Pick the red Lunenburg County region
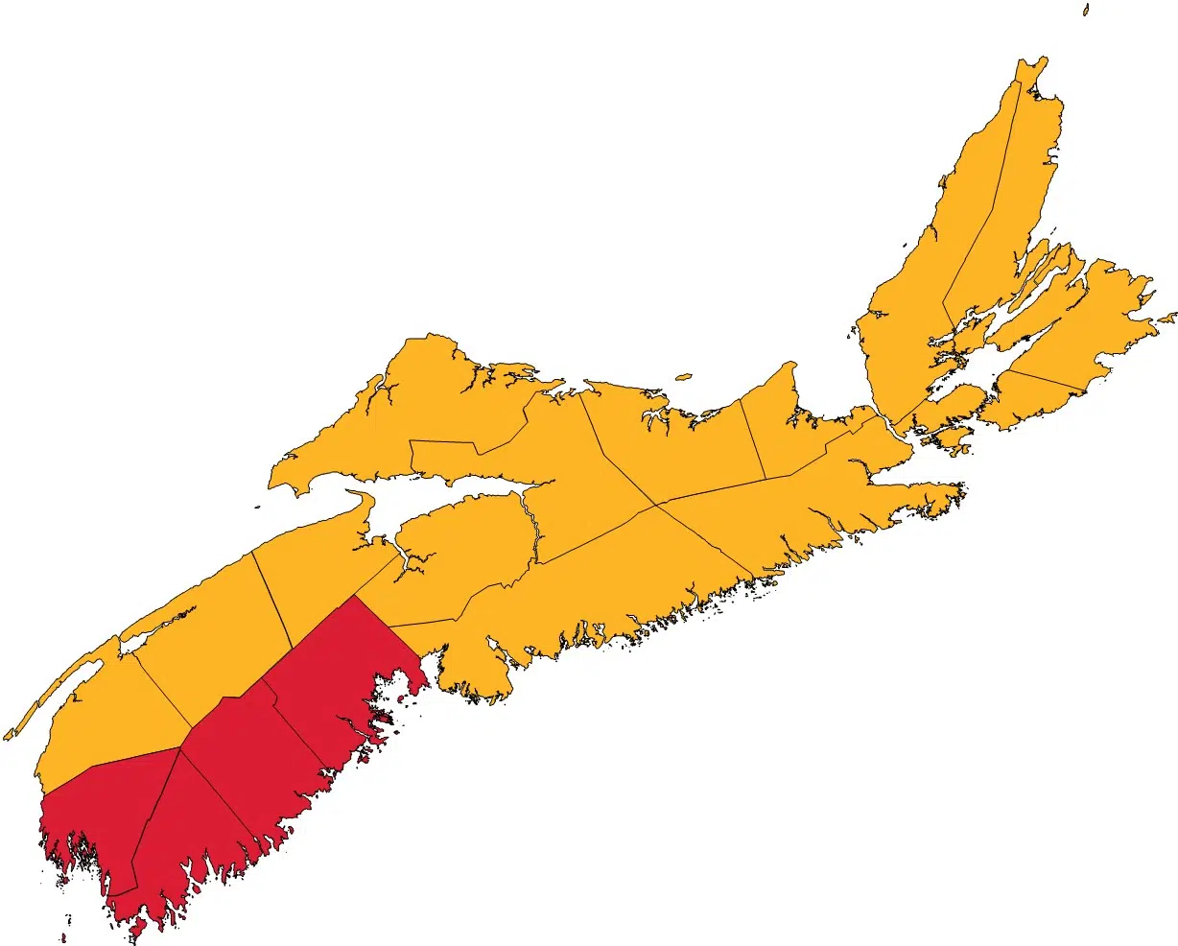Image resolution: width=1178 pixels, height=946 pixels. tap(336, 672)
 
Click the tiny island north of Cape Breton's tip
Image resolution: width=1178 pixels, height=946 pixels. tap(1086, 9)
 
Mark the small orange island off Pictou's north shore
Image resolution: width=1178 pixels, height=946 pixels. tap(683, 376)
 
